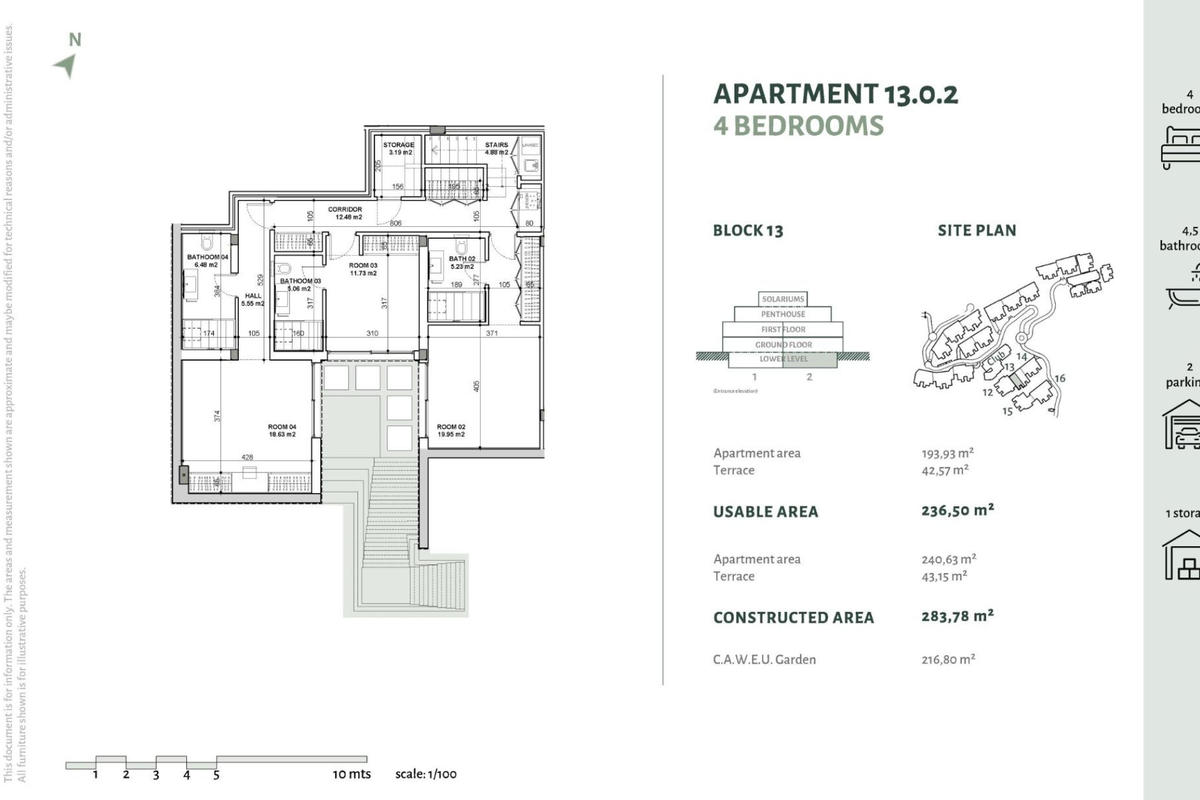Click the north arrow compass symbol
(x=65, y=65)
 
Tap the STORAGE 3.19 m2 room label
(x=398, y=148)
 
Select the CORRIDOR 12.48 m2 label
(x=345, y=213)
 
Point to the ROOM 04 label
(x=282, y=431)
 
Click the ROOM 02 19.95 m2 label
(x=451, y=431)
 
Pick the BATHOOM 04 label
(x=207, y=261)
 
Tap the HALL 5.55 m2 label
(x=253, y=299)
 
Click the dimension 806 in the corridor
(x=396, y=223)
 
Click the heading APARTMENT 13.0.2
(x=835, y=94)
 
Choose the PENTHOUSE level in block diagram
(x=782, y=314)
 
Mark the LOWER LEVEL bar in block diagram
(x=783, y=359)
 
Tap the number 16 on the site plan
(x=1059, y=378)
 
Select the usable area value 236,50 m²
(x=957, y=511)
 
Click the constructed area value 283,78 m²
(x=957, y=616)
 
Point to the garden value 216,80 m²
(x=948, y=659)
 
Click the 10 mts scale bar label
(x=351, y=774)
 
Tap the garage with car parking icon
(x=1181, y=426)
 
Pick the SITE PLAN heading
(x=976, y=231)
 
